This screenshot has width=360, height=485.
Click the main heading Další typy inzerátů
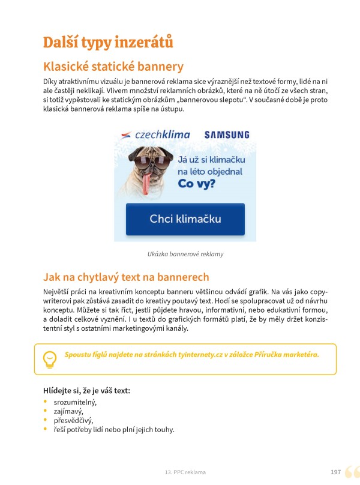click(108, 43)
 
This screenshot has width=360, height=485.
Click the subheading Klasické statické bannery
click(113, 66)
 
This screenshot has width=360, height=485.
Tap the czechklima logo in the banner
click(155, 134)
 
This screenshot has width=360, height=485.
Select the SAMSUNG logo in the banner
click(227, 135)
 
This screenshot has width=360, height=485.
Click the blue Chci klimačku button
click(185, 219)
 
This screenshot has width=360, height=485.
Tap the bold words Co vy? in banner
click(197, 184)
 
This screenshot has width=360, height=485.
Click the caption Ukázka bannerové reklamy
click(185, 254)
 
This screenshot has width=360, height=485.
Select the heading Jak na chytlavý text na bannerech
click(126, 277)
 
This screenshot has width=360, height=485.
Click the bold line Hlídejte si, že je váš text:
click(86, 391)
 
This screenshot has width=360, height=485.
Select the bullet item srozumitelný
click(74, 402)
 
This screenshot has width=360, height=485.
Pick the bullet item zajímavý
click(68, 411)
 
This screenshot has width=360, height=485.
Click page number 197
click(335, 472)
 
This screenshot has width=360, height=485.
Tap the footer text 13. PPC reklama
click(185, 472)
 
